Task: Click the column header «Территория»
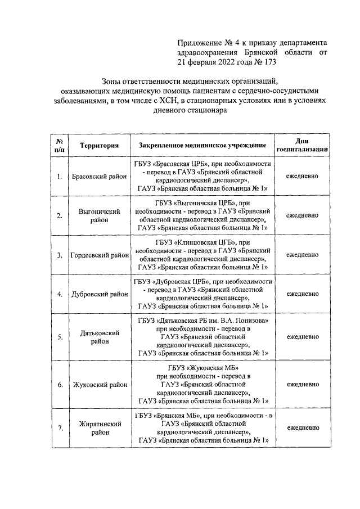99,146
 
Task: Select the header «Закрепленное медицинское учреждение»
202,146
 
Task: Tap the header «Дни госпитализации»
302,146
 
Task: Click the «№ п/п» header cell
59,146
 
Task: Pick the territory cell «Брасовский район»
99,176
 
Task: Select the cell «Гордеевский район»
99,254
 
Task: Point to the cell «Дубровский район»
99,294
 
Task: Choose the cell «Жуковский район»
99,385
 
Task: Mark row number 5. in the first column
60,337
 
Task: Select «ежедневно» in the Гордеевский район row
302,254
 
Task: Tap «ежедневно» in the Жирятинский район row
302,428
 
